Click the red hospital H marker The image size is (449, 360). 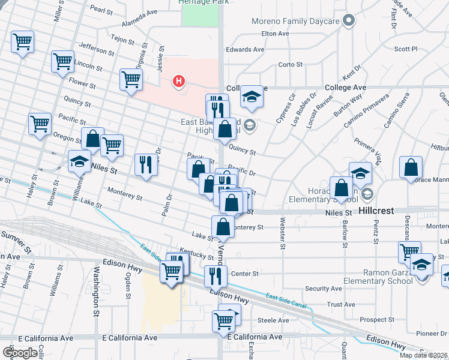coord(178,81)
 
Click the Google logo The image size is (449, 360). coord(20,353)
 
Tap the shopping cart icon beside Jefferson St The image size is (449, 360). coord(23,42)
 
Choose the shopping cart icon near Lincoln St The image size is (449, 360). coord(63,61)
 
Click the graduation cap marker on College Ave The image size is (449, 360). coord(252,96)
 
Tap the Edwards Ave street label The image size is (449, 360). coord(246,49)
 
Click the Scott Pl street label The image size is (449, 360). coord(406,49)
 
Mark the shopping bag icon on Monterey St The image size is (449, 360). coord(223,227)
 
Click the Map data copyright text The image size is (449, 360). coord(424,355)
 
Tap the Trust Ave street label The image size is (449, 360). coord(342,304)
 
